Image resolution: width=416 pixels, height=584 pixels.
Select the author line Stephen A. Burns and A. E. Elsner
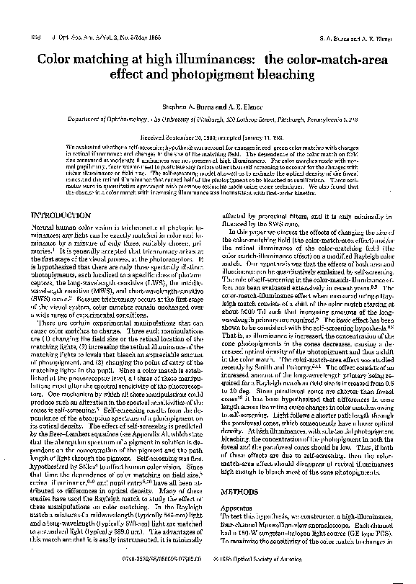tap(207, 106)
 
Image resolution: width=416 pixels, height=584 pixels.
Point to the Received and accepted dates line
tap(207, 135)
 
